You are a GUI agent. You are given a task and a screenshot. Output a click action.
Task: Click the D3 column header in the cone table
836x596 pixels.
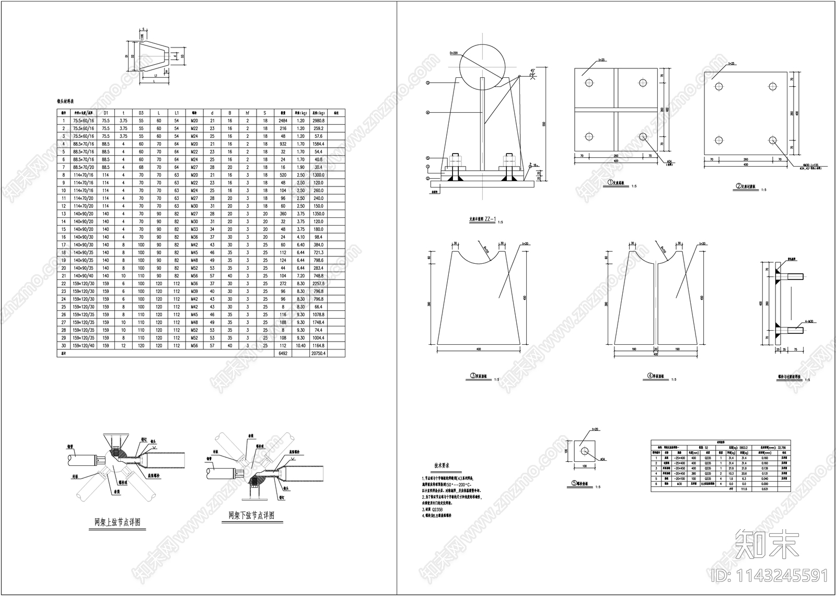(141, 112)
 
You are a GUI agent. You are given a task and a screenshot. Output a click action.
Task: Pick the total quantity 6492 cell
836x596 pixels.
(283, 353)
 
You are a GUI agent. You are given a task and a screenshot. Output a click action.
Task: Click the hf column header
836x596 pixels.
(247, 112)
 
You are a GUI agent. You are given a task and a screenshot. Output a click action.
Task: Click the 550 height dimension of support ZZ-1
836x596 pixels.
(544, 124)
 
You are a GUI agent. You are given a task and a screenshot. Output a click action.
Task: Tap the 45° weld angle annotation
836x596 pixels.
(533, 71)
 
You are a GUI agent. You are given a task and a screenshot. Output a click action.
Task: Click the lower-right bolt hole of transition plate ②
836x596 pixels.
(772, 139)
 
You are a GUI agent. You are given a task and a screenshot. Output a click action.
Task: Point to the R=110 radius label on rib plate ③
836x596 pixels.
(490, 251)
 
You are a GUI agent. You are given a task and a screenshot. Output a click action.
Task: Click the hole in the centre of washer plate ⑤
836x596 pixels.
(585, 449)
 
